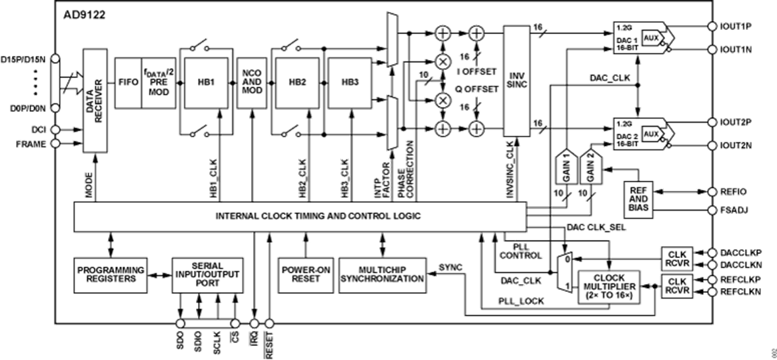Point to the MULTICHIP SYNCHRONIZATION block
pyautogui.click(x=382, y=273)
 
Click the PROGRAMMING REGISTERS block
pyautogui.click(x=111, y=273)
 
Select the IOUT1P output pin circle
pyautogui.click(x=710, y=27)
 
